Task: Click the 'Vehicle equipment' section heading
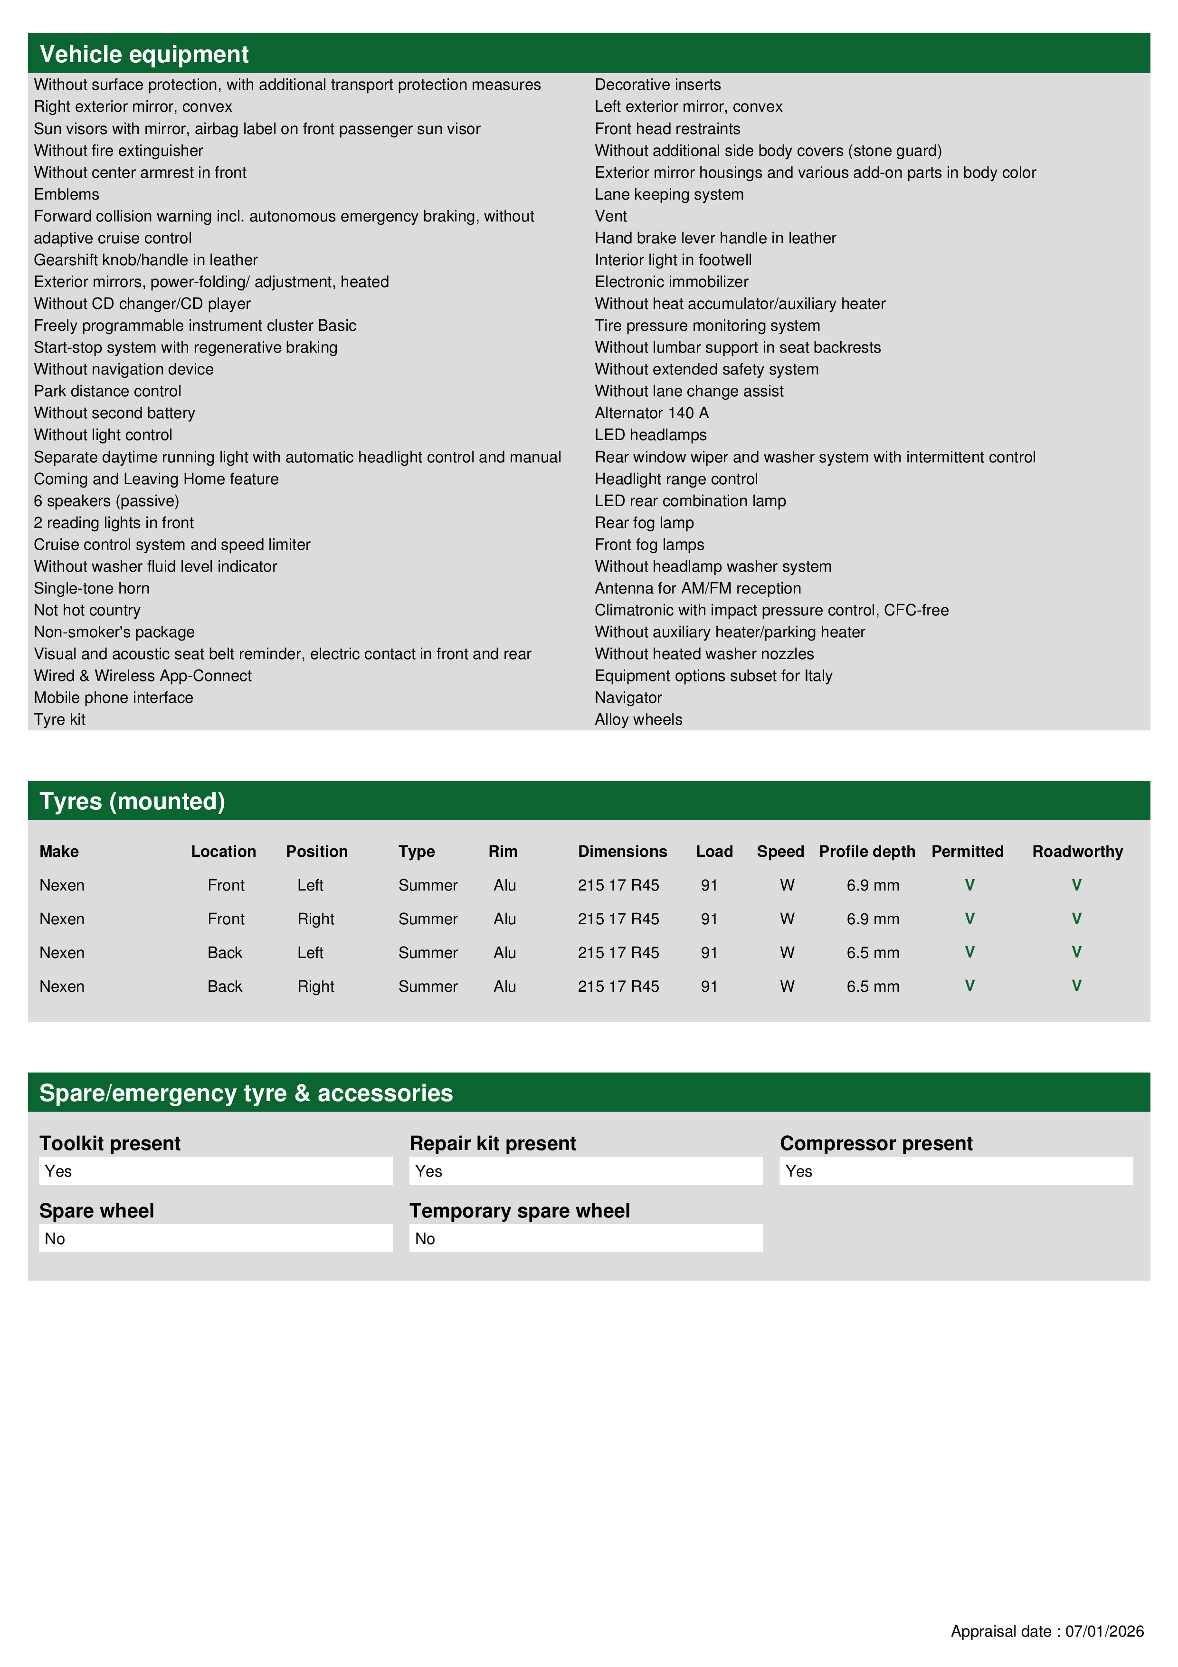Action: click(144, 55)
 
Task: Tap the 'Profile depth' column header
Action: click(866, 851)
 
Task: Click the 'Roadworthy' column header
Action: click(1077, 851)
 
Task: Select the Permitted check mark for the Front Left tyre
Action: click(969, 884)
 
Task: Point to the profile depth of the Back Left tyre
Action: click(873, 953)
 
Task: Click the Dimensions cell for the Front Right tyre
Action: click(618, 919)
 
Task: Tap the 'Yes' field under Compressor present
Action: click(955, 1171)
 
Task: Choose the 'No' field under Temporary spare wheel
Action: click(585, 1239)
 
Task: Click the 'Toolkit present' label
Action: click(110, 1143)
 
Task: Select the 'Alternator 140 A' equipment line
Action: click(652, 413)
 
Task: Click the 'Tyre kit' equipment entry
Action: click(59, 719)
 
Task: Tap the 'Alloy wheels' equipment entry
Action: click(639, 719)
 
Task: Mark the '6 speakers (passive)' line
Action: click(106, 501)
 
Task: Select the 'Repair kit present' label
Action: click(492, 1143)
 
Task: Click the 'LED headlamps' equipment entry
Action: click(650, 435)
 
